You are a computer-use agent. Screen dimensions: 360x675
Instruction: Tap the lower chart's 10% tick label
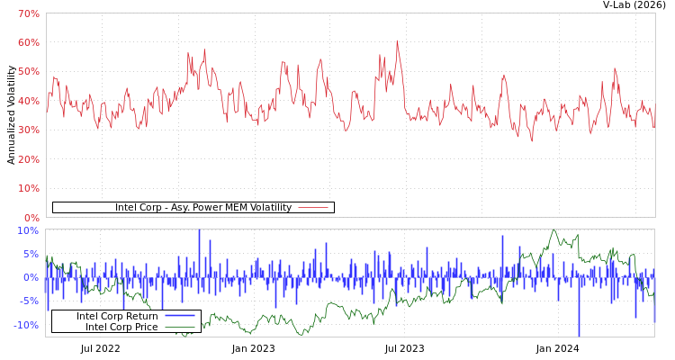pyautogui.click(x=29, y=230)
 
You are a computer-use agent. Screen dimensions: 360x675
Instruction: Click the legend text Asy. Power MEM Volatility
pyautogui.click(x=203, y=208)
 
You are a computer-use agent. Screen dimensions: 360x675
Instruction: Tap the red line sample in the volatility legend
pyautogui.click(x=313, y=208)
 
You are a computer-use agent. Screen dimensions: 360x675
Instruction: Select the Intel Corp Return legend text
pyautogui.click(x=117, y=317)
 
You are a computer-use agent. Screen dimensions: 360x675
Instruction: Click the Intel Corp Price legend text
pyautogui.click(x=121, y=328)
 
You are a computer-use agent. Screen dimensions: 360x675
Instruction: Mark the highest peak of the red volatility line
pyautogui.click(x=397, y=40)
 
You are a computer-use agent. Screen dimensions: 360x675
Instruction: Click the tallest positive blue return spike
pyautogui.click(x=199, y=231)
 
